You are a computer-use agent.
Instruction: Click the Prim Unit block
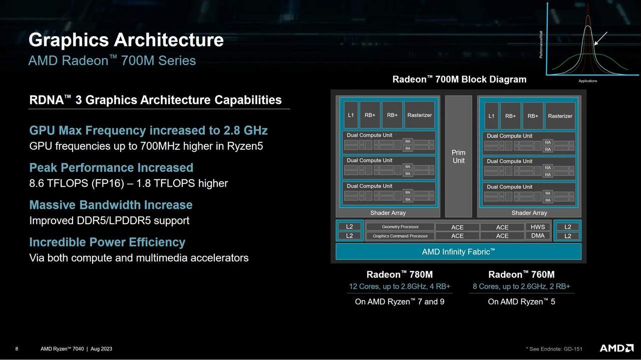point(458,156)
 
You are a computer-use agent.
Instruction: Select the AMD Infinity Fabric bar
point(458,251)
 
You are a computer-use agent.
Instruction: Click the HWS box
point(537,227)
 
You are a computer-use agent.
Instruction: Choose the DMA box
point(537,236)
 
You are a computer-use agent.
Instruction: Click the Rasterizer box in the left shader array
point(419,115)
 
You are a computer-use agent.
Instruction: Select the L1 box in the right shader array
point(491,116)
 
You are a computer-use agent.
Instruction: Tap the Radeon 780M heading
point(399,274)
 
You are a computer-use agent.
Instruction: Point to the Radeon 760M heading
point(521,274)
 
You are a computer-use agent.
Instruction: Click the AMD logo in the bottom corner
point(616,348)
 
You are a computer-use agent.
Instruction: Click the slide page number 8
point(17,349)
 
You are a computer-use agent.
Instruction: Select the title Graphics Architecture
point(126,40)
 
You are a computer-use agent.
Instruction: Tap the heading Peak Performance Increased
point(111,168)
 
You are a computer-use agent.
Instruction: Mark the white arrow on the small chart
point(601,39)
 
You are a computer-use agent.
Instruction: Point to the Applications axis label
point(587,81)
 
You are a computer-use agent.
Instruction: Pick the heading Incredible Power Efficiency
point(107,242)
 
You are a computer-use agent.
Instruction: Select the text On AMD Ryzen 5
point(521,301)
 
